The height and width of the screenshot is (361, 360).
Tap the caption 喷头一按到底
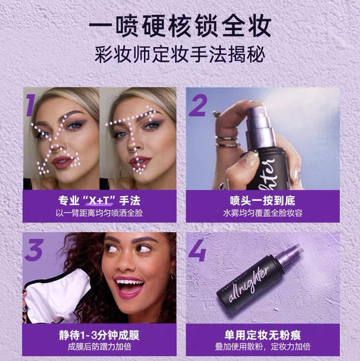[x=264, y=200]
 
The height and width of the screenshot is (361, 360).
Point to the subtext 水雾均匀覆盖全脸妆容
[x=264, y=213]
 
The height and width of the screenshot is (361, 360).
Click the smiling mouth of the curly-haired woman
[x=131, y=285]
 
